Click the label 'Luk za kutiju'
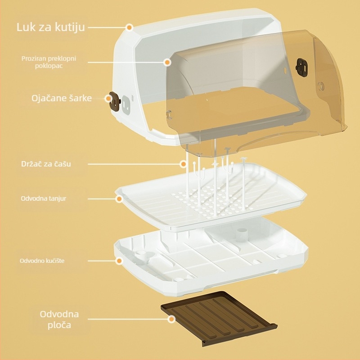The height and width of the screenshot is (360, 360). (x=50, y=27)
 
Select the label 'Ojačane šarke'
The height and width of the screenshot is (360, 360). (x=62, y=98)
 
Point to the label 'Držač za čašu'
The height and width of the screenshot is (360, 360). (x=46, y=164)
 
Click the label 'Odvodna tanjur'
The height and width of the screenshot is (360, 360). (x=44, y=198)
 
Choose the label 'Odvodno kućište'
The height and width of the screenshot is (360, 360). (x=45, y=261)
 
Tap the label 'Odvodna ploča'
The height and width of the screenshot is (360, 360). (x=59, y=319)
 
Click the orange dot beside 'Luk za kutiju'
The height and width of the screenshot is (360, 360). (x=129, y=27)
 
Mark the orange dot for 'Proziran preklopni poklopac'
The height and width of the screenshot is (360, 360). (x=167, y=62)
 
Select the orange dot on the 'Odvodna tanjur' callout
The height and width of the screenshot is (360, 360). (x=119, y=198)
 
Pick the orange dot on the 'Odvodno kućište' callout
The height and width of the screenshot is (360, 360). (x=119, y=261)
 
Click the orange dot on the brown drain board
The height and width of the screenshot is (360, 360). (x=171, y=319)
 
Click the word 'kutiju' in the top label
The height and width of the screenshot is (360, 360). (x=69, y=27)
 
